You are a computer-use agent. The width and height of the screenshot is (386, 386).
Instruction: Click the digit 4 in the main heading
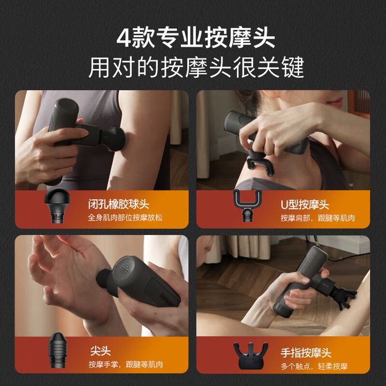coord(124,38)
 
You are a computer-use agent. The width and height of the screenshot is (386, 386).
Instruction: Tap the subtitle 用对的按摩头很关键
coord(196,67)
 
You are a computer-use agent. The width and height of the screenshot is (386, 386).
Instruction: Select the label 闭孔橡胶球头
coord(119,205)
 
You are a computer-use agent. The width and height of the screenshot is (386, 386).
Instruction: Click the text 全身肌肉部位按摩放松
coord(125,218)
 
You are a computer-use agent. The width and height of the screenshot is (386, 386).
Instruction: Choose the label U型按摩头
coord(305,205)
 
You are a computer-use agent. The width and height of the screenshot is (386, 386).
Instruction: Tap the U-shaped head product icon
coord(247,205)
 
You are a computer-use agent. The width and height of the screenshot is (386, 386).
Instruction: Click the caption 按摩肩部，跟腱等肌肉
coord(317,218)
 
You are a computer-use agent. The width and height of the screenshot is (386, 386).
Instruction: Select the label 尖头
coord(100,351)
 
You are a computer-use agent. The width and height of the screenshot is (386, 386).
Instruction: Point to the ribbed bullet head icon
coord(58,350)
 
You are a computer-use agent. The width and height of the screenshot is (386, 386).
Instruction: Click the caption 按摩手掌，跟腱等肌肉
coord(126,364)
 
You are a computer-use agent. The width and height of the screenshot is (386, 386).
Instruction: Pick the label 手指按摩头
coord(306,353)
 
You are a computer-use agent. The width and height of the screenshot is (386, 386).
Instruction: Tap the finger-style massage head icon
coord(251,355)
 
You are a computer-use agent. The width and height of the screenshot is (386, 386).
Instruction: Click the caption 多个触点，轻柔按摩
coord(314,366)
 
